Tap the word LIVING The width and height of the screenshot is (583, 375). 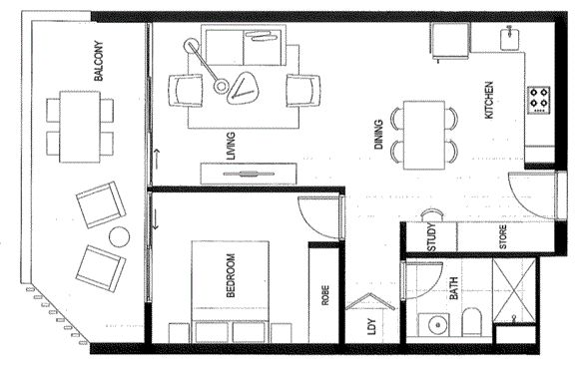pos(232,148)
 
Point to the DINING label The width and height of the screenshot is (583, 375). pos(379,133)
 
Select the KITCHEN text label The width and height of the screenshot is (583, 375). pos(489,100)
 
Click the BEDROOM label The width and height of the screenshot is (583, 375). pos(232,275)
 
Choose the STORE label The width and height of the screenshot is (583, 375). pos(503,239)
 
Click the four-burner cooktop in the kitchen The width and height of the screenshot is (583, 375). pos(539,98)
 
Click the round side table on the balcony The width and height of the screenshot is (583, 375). pos(120,237)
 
